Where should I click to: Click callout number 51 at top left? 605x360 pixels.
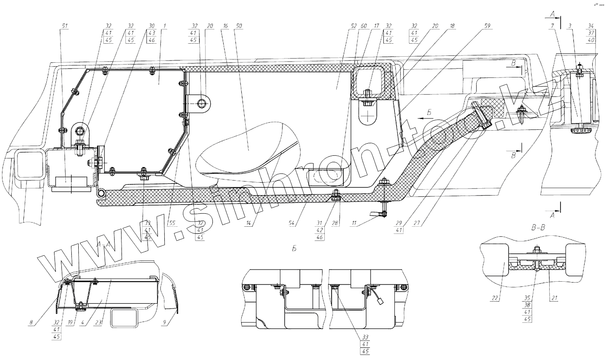coord(65,26)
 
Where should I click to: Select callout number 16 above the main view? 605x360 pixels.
coord(225,26)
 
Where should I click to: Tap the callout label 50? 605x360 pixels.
coord(239,26)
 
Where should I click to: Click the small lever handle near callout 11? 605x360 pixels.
coord(375,213)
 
